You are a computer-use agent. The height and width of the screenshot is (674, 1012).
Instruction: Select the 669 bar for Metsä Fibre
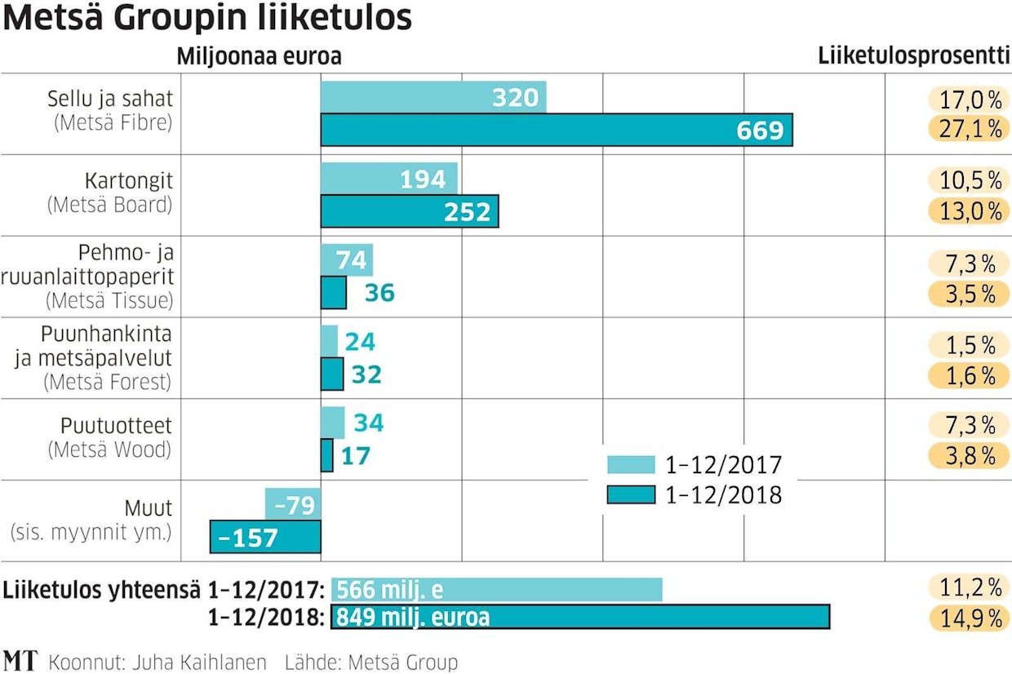[556, 130]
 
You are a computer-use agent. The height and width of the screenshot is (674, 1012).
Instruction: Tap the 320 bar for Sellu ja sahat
[433, 97]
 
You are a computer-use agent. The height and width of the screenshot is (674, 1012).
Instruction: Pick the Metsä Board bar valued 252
[409, 211]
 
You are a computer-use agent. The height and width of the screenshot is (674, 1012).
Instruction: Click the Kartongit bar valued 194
[388, 179]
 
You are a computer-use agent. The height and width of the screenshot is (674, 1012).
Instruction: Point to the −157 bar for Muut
[265, 537]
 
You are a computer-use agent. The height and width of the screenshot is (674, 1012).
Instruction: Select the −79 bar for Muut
[292, 505]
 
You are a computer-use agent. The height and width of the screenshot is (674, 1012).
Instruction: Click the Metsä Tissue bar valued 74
[346, 260]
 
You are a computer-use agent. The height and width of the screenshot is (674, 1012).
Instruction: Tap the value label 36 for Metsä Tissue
[379, 292]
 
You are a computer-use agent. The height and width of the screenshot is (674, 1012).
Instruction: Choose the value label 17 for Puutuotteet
[356, 455]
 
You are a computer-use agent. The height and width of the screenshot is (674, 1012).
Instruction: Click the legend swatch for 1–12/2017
[631, 465]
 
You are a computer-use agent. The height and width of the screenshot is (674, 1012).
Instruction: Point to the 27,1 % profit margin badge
[966, 129]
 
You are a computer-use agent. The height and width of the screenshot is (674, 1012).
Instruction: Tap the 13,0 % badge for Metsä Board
[966, 211]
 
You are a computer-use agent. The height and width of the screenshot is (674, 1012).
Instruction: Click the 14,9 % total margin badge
[966, 618]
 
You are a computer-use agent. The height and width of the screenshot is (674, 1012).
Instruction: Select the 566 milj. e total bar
[496, 589]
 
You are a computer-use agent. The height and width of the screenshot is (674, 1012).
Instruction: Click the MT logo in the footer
[20, 660]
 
